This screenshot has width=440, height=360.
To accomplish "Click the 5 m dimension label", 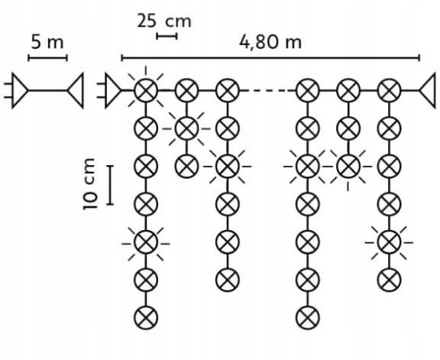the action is tap(47, 42).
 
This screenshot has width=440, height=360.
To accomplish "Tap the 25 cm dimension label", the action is tap(164, 21).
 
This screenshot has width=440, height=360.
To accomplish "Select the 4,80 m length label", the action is tap(270, 43).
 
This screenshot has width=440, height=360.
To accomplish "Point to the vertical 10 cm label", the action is tap(89, 184).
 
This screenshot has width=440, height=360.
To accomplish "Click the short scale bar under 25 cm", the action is tap(167, 36).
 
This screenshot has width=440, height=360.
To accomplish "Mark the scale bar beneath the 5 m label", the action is tap(47, 58).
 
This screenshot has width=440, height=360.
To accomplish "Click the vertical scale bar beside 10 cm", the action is tap(110, 185).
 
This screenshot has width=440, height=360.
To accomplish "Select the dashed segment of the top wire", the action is tap(268, 90).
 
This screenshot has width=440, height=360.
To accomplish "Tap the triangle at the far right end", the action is tap(428, 90).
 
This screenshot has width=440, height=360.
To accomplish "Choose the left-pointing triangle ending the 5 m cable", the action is tap(76, 90).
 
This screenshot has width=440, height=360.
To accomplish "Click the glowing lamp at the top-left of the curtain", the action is tap(146, 90).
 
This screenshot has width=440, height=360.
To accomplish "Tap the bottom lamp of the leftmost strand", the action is tap(146, 318).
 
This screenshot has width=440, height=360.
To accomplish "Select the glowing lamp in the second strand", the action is tap(186, 128).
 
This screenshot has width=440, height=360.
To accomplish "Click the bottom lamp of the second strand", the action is tap(186, 166).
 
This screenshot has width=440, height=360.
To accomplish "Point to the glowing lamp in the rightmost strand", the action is tap(389, 242).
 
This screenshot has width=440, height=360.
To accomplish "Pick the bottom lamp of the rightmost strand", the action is tap(389, 280).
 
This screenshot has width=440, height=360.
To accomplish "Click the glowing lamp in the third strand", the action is tap(228, 166).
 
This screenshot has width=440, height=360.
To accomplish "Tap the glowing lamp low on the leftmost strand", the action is tap(146, 243).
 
